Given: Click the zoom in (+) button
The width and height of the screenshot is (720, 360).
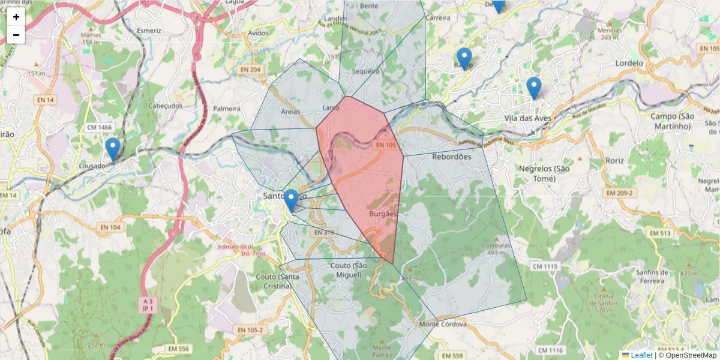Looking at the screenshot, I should tap(16, 17).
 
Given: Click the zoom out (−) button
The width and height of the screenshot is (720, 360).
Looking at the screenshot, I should tap(16, 35).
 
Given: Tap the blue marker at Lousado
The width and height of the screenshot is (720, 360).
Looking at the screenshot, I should tap(112, 150).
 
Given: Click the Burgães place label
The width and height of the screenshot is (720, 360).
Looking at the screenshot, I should tap(382, 213).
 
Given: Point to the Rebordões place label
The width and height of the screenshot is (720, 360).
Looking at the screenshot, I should tap(452, 157).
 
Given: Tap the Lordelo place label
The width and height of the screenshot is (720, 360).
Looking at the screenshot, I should tap(629, 63).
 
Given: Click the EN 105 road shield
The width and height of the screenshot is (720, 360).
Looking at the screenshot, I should tap(387, 145).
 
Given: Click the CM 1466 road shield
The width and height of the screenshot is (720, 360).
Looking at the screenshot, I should tap(100, 127).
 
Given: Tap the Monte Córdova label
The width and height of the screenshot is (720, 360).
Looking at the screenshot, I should tap(443, 324).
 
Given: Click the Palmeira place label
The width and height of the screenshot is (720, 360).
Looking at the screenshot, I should tap(227, 109).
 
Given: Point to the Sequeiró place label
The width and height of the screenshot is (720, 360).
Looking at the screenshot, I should tap(366, 71).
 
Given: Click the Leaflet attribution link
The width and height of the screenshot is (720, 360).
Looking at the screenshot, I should tap(641, 355).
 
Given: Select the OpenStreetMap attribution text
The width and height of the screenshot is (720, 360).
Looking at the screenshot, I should tap(691, 355).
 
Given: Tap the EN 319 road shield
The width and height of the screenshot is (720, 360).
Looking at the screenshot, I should tap(324, 233).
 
